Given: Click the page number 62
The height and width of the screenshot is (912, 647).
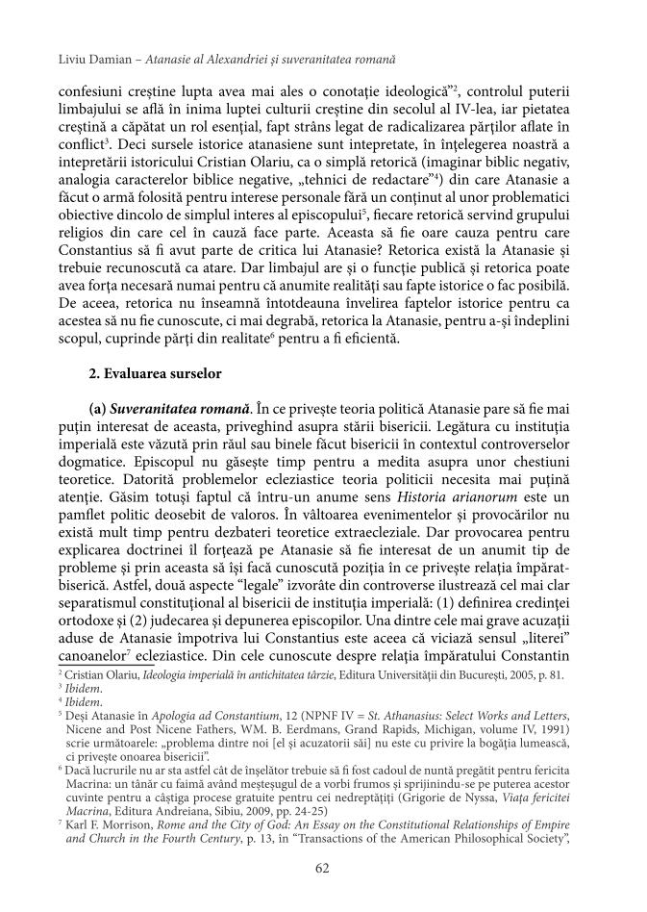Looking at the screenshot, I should [323, 870].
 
